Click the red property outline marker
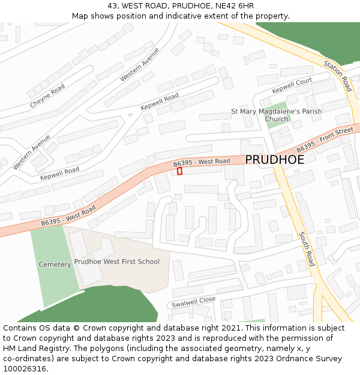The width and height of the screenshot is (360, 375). coord(179,171)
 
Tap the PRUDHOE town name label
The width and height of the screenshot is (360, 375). coord(274,160)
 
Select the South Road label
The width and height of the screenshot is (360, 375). coord(306,249)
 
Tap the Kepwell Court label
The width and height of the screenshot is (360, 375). coord(292,85)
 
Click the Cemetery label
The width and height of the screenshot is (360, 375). coord(55,265)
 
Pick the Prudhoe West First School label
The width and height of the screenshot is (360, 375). coord(117,262)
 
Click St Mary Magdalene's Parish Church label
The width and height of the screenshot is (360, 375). coord(277,115)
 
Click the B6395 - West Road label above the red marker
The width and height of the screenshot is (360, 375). coord(202,163)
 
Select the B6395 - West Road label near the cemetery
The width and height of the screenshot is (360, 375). coord(68,216)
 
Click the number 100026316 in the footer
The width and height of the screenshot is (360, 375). coord(26,368)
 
